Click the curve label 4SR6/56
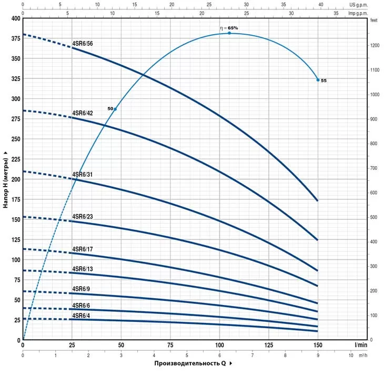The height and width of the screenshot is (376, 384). point(83,44)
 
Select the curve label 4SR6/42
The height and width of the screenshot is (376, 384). point(83,113)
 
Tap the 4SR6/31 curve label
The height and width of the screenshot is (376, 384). point(83,174)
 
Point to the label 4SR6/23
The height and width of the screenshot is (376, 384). point(83,217)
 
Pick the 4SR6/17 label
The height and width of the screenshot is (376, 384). point(83,248)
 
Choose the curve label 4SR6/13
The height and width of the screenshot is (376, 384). point(83,269)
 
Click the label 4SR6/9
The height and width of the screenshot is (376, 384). point(81,289)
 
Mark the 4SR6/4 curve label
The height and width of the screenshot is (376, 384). point(81,316)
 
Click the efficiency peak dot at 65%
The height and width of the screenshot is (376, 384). point(229,33)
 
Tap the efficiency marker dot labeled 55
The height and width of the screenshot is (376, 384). point(318,80)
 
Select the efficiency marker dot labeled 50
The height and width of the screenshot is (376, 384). point(115,109)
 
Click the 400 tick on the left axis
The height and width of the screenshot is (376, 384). point(15,18)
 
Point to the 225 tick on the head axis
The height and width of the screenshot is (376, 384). point(15,159)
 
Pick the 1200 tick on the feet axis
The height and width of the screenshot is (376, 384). point(374,46)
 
